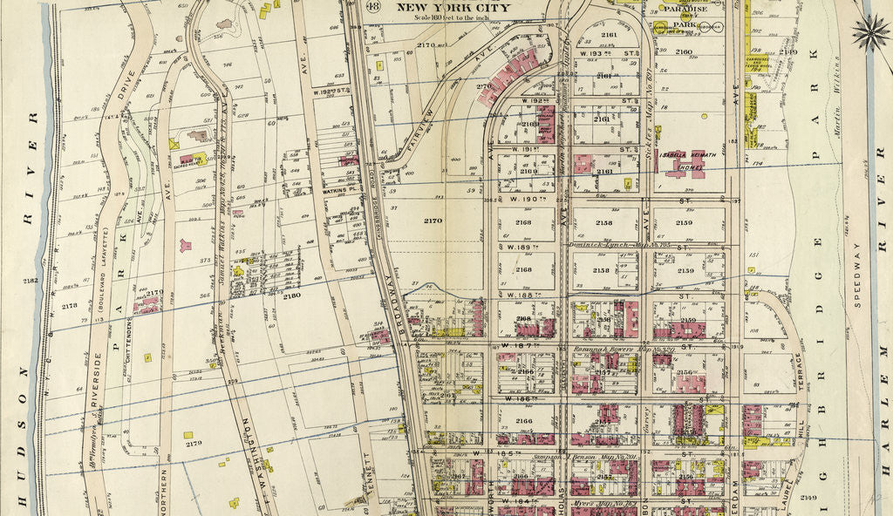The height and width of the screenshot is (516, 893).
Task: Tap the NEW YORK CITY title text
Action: (453, 8)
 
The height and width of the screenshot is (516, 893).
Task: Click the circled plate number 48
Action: (373, 8)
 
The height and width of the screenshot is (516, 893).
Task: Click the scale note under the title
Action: (453, 18)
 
